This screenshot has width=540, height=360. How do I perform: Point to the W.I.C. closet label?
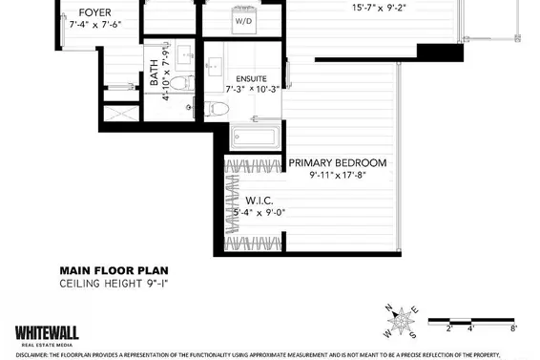(x=260, y=201)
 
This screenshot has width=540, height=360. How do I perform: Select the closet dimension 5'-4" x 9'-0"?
(x=260, y=213)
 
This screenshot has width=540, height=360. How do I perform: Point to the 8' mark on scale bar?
(x=513, y=328)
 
